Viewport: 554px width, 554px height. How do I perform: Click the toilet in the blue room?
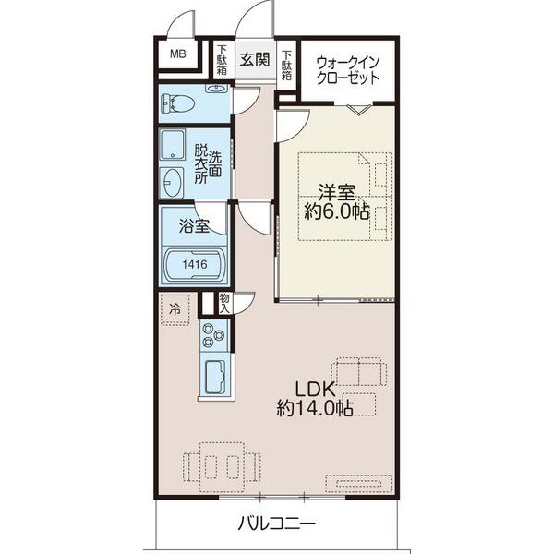pos(179,102)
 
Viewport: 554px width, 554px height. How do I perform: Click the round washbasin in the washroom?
pos(174,180)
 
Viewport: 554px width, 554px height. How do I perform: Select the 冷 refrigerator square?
pos(175,308)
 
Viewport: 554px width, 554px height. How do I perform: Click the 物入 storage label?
pos(224,302)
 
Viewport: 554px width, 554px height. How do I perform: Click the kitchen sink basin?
pos(215,377)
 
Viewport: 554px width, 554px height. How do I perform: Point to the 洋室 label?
pos(337,193)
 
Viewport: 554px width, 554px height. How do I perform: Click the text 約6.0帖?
pos(337,211)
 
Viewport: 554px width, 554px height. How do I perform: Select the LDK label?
pos(314,389)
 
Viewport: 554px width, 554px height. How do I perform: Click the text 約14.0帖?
pos(314,409)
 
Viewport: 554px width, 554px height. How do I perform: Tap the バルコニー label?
pos(276,524)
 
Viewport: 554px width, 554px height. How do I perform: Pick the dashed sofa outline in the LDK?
pos(360,371)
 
